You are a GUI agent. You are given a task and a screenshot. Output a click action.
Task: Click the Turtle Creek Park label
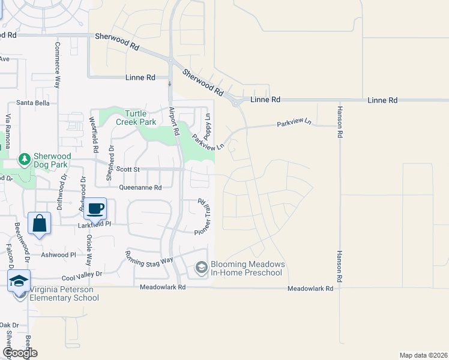(140, 118)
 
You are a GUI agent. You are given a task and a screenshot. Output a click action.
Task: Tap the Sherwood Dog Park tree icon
(25, 160)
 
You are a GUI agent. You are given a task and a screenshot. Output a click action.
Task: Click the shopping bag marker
(39, 223)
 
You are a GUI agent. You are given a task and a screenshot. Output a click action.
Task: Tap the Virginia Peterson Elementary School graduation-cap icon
(19, 281)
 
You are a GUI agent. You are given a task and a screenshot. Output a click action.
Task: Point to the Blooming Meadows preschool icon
(201, 268)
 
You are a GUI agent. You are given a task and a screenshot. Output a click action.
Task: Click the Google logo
(19, 352)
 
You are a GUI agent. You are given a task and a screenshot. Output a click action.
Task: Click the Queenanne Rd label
(140, 187)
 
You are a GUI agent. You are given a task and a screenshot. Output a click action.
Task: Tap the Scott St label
(127, 170)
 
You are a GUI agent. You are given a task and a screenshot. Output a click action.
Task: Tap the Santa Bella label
(33, 103)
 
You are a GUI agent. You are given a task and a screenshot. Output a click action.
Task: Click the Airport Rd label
(175, 120)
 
